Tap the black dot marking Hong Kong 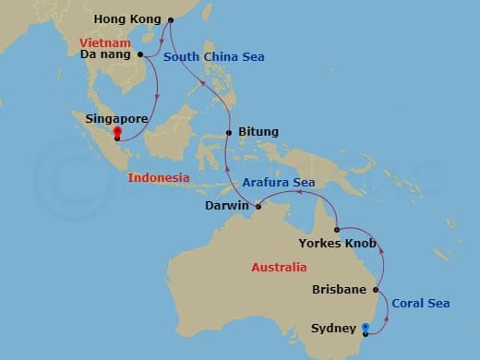point(169,18)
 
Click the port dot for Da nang point(141,54)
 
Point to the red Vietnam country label point(103,42)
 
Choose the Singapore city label point(116,118)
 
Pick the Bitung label point(258,133)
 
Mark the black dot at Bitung point(230,133)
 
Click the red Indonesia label point(159,177)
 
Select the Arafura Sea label point(280,183)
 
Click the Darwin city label point(226,206)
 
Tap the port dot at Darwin point(257,205)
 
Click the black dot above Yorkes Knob point(337,230)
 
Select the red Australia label point(279,268)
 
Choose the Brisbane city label point(340,289)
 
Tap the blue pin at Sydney point(366,329)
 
